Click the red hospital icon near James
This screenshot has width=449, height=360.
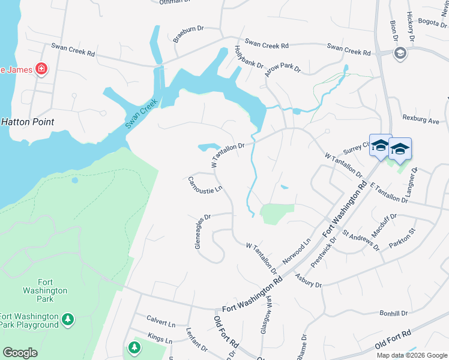(41, 69)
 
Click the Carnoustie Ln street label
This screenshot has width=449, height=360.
(205, 185)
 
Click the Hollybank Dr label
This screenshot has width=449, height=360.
(249, 56)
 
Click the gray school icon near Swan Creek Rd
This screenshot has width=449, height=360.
(399, 54)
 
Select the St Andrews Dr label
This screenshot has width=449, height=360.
(361, 239)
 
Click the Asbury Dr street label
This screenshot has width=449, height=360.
(309, 280)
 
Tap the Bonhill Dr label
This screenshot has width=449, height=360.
(393, 313)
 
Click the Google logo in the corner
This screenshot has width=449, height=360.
(20, 353)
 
